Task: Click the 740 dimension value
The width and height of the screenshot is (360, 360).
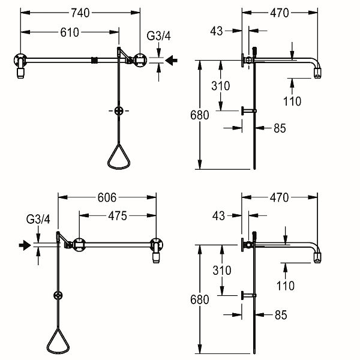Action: [80, 13]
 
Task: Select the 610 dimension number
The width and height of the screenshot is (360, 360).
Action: [70, 32]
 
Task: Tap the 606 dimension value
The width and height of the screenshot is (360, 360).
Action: [107, 197]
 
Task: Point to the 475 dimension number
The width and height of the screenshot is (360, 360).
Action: [118, 216]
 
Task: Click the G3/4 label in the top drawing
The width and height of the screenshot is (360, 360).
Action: [158, 36]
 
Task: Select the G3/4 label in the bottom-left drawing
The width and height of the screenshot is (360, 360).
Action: [38, 219]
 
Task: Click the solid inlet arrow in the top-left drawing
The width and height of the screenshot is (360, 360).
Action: [171, 61]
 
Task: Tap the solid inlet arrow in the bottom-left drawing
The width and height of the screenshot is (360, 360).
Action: [25, 245]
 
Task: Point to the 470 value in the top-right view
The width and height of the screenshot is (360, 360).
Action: [280, 13]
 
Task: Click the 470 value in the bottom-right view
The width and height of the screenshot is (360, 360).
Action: [279, 197]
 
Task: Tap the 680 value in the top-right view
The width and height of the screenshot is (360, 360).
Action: [200, 115]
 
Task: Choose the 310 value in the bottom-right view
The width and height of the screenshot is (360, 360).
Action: [222, 270]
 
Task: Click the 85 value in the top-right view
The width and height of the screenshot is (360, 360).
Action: [280, 128]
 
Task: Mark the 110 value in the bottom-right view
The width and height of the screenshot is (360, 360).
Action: [286, 286]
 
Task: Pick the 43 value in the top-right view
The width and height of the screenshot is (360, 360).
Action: [217, 31]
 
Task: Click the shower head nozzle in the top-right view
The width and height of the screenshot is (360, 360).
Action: [317, 73]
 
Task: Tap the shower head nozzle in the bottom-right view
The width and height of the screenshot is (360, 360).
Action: [317, 257]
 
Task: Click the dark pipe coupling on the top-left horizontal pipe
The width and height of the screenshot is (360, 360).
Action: [95, 61]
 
